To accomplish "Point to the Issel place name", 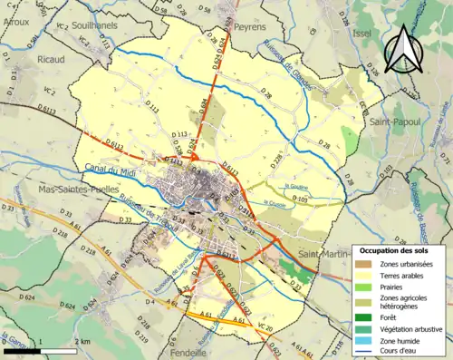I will point(363,29).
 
